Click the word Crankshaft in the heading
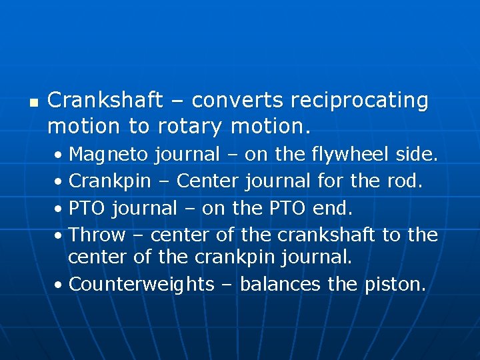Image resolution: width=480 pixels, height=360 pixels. click(105, 101)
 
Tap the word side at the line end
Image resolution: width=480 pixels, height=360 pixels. click(416, 155)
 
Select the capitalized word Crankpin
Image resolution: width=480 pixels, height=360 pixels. click(110, 181)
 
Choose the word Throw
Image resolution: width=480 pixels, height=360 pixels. click(97, 235)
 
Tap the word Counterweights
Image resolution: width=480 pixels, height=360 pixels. click(141, 285)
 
